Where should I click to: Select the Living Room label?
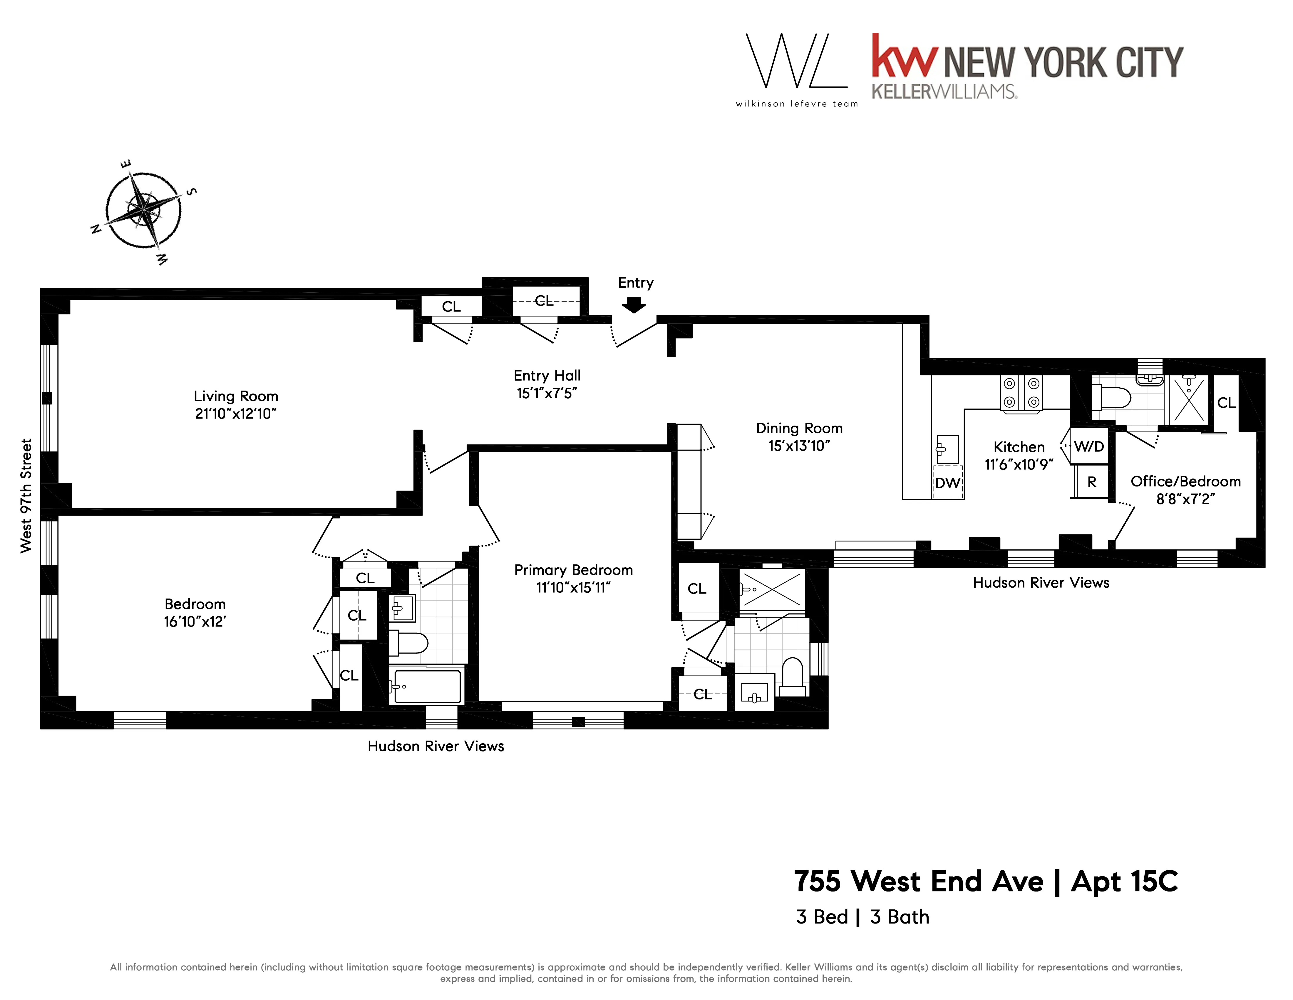[x=236, y=396]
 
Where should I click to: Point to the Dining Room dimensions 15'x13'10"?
[x=799, y=446]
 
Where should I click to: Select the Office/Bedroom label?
[x=1185, y=481]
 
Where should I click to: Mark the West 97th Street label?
[x=26, y=496]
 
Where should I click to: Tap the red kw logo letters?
[x=905, y=56]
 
